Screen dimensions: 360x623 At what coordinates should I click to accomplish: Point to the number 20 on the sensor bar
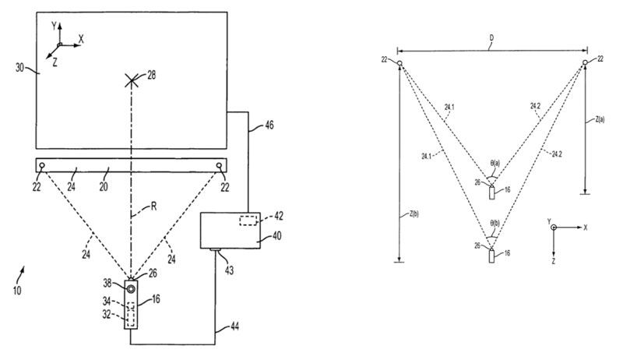tap(108, 177)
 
